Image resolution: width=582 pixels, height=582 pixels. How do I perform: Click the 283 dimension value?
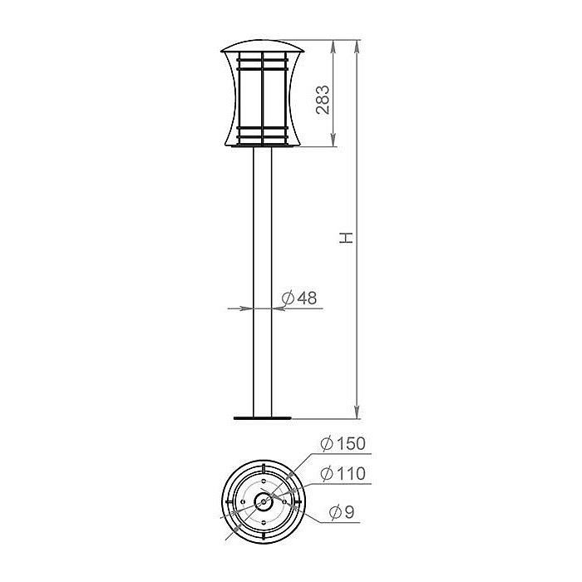324,99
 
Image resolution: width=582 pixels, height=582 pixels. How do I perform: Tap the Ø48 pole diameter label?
299,298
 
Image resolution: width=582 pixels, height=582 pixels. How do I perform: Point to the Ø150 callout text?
343,443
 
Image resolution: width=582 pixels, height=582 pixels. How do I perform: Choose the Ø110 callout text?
343,475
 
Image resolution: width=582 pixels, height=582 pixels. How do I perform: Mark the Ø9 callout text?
342,513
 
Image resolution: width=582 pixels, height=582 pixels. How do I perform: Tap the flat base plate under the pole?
263,417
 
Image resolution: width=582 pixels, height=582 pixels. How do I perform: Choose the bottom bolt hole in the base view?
264,525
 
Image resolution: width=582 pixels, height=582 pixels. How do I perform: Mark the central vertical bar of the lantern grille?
263,96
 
